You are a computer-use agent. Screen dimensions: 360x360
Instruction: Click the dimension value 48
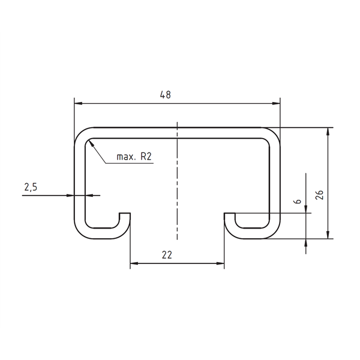166,95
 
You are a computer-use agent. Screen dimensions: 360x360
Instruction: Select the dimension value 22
167,255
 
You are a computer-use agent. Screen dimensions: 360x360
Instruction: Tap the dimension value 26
319,195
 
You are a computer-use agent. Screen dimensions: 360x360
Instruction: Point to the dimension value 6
298,202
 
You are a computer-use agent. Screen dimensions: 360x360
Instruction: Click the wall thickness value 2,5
31,187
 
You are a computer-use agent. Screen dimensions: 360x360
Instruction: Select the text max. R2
134,157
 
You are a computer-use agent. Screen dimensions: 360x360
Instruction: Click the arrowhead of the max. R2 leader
91,143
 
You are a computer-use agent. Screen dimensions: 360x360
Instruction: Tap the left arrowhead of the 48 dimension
78,104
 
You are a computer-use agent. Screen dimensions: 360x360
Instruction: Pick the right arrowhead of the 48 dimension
276,104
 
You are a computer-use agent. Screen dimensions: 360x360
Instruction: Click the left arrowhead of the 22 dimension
134,263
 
